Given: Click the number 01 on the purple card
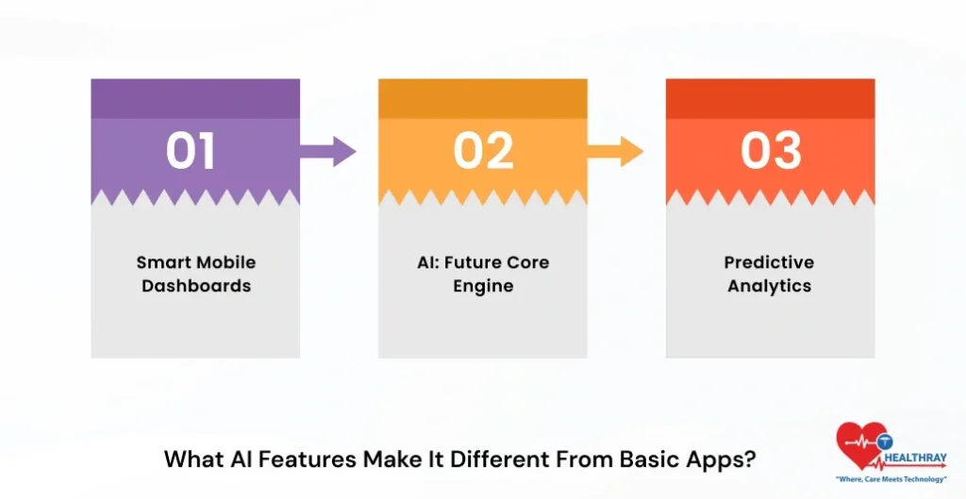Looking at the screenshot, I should coord(192,151).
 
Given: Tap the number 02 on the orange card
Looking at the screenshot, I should coord(483,151).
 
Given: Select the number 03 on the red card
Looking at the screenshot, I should coord(771,151).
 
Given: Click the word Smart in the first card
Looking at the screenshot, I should coord(162,262).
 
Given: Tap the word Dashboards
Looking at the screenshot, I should coord(196,285).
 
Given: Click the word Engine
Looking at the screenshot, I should coord(483,285).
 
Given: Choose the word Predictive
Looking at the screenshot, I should coord(769,262).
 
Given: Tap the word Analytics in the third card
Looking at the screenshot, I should coord(769,285).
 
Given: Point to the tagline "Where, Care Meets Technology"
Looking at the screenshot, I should coord(891,479).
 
